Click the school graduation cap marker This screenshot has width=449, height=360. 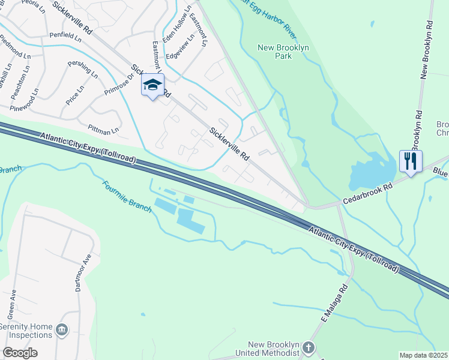click(152, 86)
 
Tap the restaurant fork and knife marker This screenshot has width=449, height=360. click(411, 162)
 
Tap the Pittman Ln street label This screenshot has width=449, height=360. click(103, 128)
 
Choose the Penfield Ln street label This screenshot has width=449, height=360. click(65, 37)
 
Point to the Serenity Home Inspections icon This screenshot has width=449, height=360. click(62, 329)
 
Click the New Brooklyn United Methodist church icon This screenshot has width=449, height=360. click(308, 347)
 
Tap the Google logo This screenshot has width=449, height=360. click(20, 353)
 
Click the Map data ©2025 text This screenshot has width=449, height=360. click(424, 355)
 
